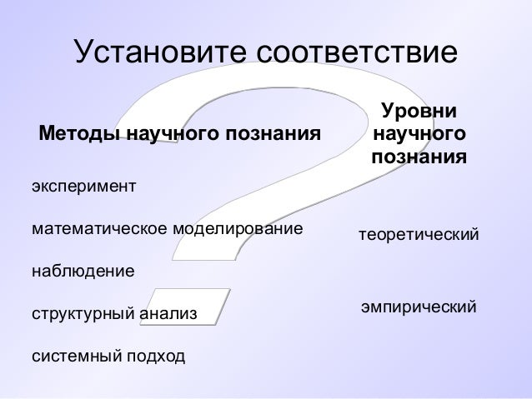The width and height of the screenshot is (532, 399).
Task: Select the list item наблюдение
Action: point(82,272)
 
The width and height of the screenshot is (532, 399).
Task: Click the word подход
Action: point(154,358)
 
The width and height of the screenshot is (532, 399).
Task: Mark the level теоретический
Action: point(419,236)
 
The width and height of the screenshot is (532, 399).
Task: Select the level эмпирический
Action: point(419,308)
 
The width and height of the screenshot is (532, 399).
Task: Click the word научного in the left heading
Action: point(173,133)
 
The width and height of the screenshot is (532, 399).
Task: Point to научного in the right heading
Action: point(419,133)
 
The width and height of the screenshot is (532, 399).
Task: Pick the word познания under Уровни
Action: point(419,156)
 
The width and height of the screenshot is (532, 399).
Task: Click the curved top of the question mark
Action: point(250,92)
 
